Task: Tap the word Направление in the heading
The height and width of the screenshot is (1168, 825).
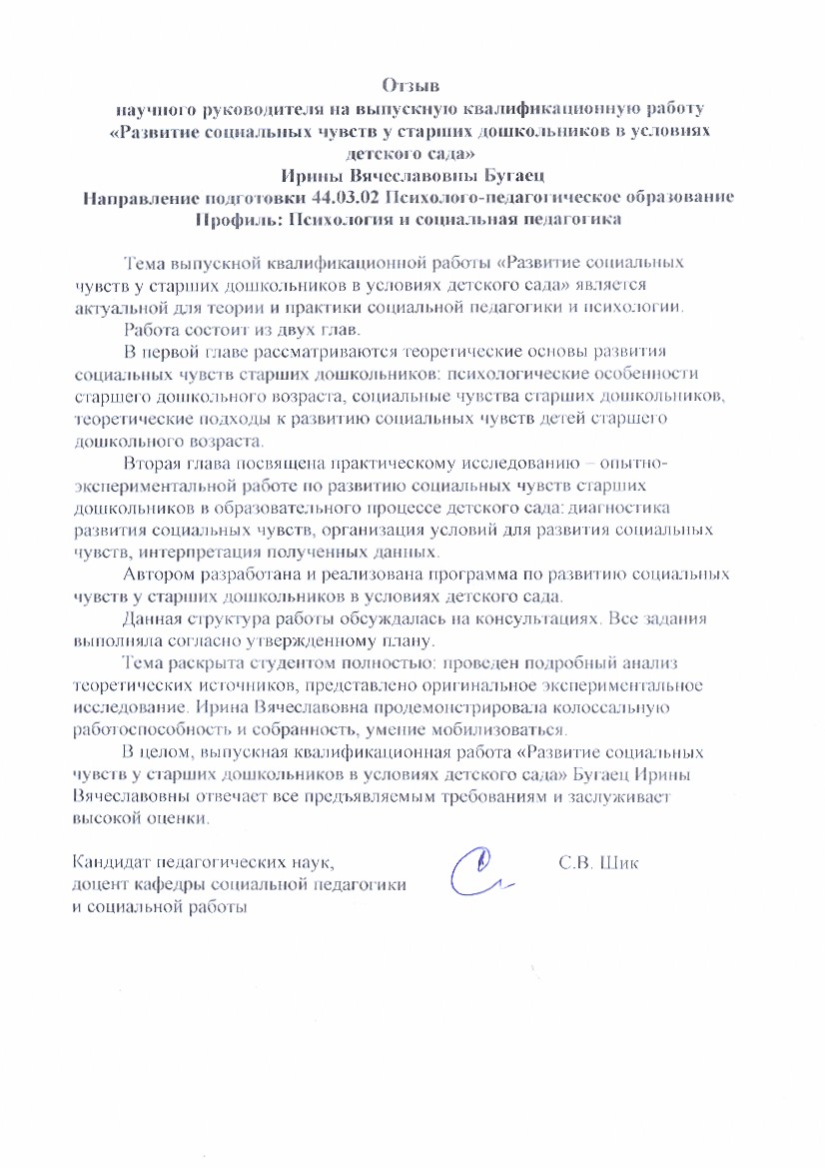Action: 150,197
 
